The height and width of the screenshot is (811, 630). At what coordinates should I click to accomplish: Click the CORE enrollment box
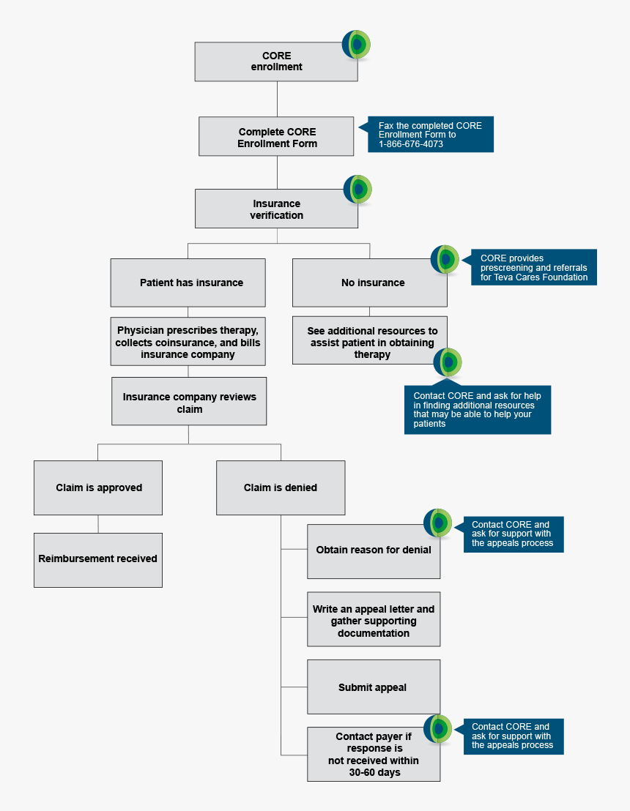click(x=276, y=61)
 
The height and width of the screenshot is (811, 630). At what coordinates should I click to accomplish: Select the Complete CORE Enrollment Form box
click(x=276, y=137)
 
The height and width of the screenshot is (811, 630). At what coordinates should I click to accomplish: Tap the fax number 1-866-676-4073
click(x=411, y=144)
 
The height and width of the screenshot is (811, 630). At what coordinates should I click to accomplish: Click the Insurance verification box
click(x=276, y=209)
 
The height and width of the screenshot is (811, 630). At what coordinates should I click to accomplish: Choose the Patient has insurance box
click(x=188, y=283)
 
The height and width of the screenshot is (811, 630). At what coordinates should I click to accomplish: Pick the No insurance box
click(x=369, y=283)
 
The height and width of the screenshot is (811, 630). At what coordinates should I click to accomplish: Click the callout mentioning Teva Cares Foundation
click(x=533, y=268)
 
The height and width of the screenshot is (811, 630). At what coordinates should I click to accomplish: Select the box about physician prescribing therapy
click(x=188, y=342)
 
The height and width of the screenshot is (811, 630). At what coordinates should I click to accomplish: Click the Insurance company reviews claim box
click(x=189, y=402)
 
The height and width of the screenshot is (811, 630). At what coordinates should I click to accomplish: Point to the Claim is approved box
click(x=98, y=487)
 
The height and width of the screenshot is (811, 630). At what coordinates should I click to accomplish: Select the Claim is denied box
click(x=281, y=487)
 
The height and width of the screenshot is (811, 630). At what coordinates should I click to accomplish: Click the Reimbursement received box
click(x=98, y=559)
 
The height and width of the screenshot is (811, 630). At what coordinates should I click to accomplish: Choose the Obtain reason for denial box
click(x=374, y=550)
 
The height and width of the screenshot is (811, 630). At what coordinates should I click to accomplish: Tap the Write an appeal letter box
click(x=374, y=620)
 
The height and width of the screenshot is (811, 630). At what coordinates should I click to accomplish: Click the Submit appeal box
click(x=374, y=687)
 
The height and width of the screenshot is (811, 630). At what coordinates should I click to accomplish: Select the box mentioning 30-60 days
click(x=374, y=755)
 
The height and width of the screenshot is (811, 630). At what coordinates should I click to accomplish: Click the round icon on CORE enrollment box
click(x=357, y=45)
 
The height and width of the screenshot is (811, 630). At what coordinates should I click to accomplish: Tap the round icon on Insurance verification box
click(x=358, y=190)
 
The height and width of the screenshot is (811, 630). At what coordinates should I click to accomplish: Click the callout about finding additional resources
click(x=477, y=409)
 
